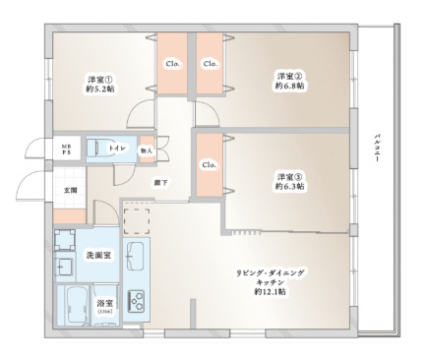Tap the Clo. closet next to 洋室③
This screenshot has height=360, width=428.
(x=209, y=164)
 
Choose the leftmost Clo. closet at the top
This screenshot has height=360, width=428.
(x=171, y=65)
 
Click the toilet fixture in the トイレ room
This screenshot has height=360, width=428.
(x=97, y=149)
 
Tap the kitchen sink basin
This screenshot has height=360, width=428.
(x=136, y=258)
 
